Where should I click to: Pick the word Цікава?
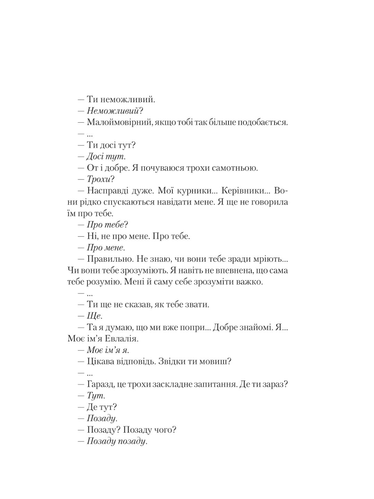click(x=102, y=362)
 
